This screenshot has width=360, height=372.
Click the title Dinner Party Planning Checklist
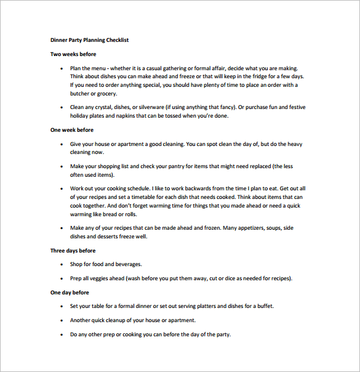click(x=89, y=40)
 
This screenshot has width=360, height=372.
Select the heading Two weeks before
click(x=73, y=54)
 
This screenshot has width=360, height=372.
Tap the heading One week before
click(x=72, y=130)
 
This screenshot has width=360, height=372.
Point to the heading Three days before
click(x=73, y=251)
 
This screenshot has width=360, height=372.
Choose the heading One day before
click(x=70, y=293)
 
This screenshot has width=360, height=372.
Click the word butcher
click(x=81, y=94)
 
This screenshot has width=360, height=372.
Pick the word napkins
click(x=144, y=116)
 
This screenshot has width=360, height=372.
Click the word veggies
click(x=100, y=278)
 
